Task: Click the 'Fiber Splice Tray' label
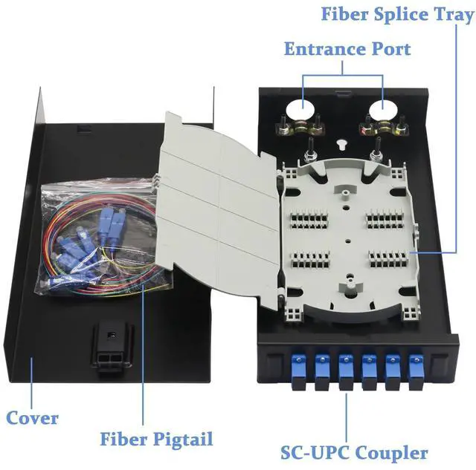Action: (x=396, y=14)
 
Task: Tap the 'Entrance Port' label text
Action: (x=347, y=49)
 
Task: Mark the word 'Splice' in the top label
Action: (x=399, y=14)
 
